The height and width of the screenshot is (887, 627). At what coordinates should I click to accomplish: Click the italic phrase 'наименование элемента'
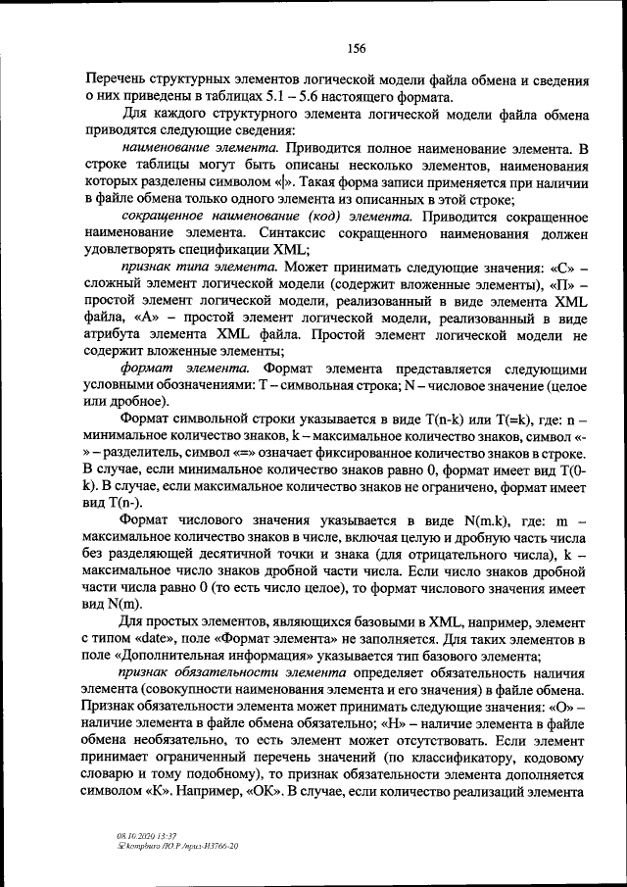196,148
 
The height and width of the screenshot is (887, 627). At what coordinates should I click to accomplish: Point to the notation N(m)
124,604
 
